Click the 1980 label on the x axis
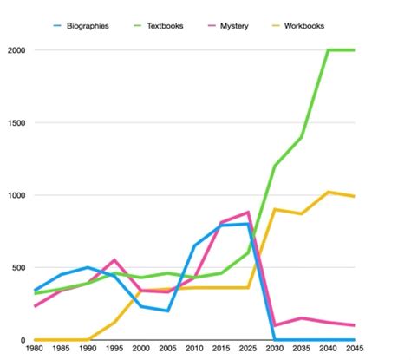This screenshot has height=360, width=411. (35, 350)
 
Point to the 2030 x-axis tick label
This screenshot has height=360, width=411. (274, 350)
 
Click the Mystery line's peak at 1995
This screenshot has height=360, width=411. (114, 260)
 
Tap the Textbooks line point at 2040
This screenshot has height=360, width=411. (328, 50)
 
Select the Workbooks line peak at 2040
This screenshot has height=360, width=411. (328, 192)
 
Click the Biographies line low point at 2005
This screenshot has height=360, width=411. (167, 311)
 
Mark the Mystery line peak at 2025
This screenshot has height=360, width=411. (248, 213)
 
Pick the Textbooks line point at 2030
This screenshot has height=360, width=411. (274, 166)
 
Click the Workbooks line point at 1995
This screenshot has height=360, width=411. (114, 322)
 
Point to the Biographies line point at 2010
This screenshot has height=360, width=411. (193, 245)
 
